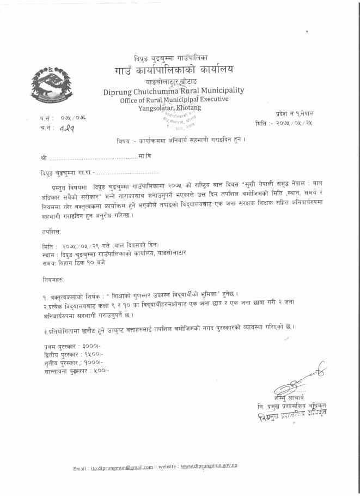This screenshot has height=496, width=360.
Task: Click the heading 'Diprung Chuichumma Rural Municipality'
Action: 174,90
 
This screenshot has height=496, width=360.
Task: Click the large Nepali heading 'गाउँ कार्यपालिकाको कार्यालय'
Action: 174,69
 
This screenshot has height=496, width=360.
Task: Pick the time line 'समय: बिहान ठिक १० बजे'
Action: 73,262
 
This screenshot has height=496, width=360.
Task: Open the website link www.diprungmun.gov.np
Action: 209,466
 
